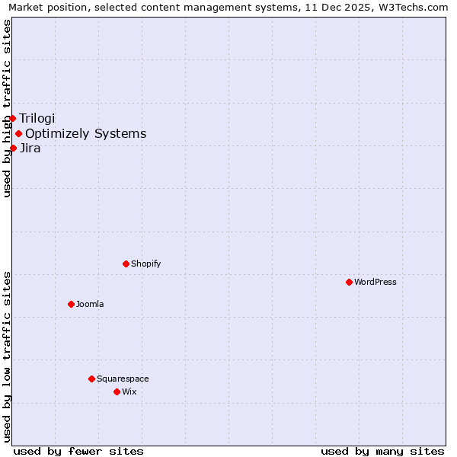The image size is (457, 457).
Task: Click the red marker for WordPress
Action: pyautogui.click(x=349, y=282)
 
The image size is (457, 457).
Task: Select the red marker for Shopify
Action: pyautogui.click(x=126, y=264)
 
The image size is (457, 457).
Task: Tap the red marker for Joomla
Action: pyautogui.click(x=71, y=304)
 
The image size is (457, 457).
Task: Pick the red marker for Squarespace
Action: pyautogui.click(x=91, y=379)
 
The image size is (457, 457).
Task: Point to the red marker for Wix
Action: pyautogui.click(x=117, y=391)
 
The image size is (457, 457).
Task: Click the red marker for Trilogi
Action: pyautogui.click(x=12, y=118)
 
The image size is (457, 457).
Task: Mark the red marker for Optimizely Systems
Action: pyautogui.click(x=18, y=134)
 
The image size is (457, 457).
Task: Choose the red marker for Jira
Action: pyautogui.click(x=13, y=148)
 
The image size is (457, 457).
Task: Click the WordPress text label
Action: pyautogui.click(x=376, y=282)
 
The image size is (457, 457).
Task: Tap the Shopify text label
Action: pyautogui.click(x=145, y=264)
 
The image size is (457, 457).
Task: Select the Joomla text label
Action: pyautogui.click(x=90, y=304)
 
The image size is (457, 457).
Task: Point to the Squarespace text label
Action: pyautogui.click(x=123, y=379)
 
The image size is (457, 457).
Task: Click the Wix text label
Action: pyautogui.click(x=129, y=391)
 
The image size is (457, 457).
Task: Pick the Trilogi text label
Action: pyautogui.click(x=37, y=118)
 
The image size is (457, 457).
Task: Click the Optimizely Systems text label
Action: pyautogui.click(x=85, y=134)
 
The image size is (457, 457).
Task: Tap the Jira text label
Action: pyautogui.click(x=30, y=148)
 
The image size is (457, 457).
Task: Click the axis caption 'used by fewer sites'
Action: pyautogui.click(x=78, y=451)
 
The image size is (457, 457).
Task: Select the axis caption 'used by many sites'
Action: pyautogui.click(x=382, y=451)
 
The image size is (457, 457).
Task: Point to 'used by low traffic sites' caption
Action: pyautogui.click(x=7, y=356)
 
